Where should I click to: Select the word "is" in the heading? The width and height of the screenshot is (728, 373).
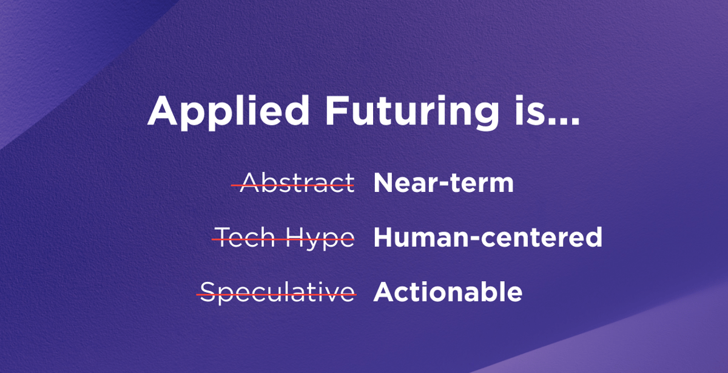(530, 110)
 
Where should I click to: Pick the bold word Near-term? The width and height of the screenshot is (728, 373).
(443, 183)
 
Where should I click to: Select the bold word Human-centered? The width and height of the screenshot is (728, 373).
(488, 238)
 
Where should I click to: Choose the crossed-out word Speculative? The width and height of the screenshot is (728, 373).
(277, 292)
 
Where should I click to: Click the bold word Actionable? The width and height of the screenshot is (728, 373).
(448, 292)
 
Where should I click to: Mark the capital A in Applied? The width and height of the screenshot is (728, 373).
(162, 111)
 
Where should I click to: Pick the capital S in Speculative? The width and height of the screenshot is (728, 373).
(207, 292)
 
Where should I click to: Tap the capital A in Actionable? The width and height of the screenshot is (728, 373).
(385, 292)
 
